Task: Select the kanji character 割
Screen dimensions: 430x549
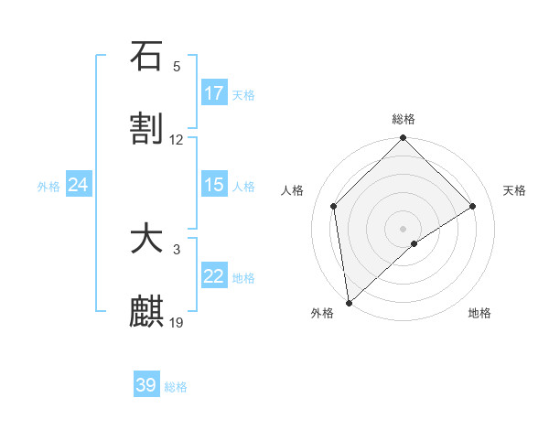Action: pos(146,129)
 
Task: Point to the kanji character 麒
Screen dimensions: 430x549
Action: pos(146,312)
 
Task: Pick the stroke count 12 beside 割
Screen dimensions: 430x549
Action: pos(177,140)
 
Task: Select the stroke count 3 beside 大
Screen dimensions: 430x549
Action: pos(177,249)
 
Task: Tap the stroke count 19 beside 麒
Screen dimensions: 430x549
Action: pos(177,322)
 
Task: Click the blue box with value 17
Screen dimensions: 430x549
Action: pos(214,93)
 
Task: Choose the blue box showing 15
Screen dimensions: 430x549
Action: pos(214,185)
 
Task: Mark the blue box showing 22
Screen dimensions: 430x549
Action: pos(214,276)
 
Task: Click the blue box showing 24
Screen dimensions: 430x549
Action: pos(79,185)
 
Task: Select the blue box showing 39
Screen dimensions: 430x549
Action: pos(146,385)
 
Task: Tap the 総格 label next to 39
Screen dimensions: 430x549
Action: pos(176,387)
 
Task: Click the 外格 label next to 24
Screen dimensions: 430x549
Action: pos(48,187)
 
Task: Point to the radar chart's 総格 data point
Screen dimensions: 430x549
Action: pos(403,138)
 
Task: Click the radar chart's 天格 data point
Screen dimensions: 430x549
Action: pos(473,206)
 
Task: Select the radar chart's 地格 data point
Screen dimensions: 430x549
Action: pos(414,243)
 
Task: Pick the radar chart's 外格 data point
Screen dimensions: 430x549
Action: pos(349,302)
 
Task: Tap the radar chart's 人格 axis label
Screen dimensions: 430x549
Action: pos(293,190)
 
